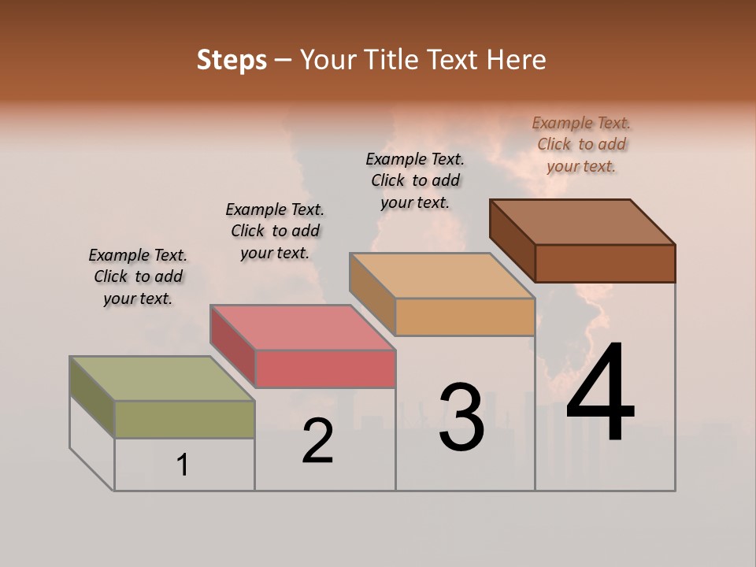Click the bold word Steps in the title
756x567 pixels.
pos(232,60)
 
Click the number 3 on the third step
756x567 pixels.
pos(461,417)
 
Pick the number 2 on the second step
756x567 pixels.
pos(317,441)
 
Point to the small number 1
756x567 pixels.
pos(183,465)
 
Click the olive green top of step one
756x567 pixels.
pos(162,379)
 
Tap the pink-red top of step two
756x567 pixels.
pos(302,327)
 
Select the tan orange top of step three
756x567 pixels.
pos(442,276)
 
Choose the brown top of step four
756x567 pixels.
pos(582,221)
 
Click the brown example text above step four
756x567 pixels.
pos(581,144)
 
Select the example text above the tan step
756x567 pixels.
pos(415,180)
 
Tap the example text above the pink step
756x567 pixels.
pos(275,231)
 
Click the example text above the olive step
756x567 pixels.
pos(138,276)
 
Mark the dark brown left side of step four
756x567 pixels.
pos(512,241)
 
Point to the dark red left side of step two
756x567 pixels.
pos(232,346)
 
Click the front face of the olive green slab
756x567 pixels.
pos(184,419)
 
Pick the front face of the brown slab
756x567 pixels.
pos(605,263)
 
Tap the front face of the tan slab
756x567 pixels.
pos(465,317)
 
